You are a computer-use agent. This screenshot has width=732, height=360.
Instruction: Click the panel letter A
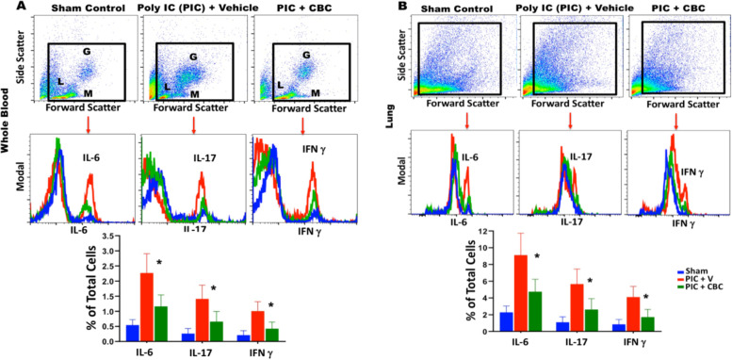pyautogui.click(x=8, y=8)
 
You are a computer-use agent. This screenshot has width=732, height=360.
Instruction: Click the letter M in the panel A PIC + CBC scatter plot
pyautogui.click(x=315, y=93)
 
